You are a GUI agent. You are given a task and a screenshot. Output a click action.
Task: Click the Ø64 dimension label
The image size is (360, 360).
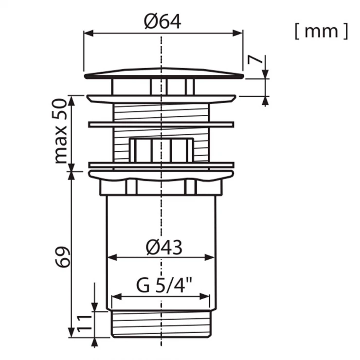162,21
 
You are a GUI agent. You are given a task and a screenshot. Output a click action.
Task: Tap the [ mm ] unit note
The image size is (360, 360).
321,31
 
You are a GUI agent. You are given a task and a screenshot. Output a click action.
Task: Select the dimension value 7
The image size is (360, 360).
254,60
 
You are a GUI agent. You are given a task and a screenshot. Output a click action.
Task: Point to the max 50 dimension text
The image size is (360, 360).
61,131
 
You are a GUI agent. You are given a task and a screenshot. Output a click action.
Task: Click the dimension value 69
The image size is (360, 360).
62,257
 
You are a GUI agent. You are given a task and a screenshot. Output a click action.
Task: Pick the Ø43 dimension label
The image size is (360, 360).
164,248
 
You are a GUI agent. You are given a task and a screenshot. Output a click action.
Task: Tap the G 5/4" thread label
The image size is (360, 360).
164,285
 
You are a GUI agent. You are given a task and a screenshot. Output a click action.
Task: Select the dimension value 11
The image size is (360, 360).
84,324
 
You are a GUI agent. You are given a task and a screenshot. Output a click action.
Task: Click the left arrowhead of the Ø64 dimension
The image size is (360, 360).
89,33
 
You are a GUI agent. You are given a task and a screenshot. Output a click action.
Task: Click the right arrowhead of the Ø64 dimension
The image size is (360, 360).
237,33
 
